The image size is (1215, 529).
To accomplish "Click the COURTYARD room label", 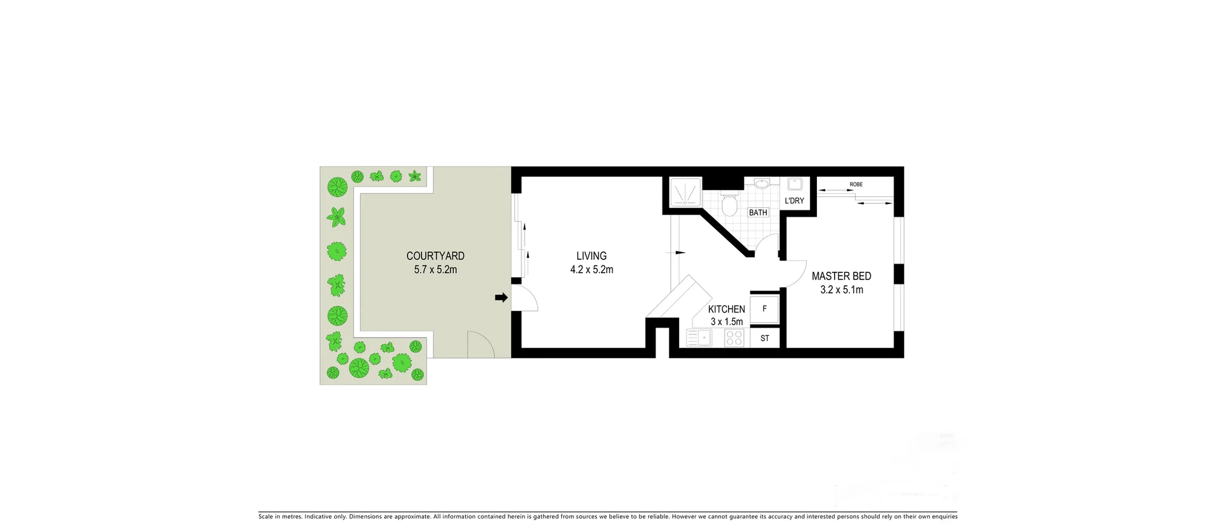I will pyautogui.click(x=435, y=256).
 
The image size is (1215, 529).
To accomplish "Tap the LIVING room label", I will pyautogui.click(x=591, y=256).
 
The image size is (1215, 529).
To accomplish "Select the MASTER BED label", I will pyautogui.click(x=841, y=276).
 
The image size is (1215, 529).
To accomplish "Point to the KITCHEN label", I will pyautogui.click(x=726, y=309).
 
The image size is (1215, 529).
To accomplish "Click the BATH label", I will pyautogui.click(x=757, y=213).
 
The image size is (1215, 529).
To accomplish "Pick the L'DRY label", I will pyautogui.click(x=794, y=201).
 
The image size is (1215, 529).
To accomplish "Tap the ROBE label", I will pyautogui.click(x=856, y=184).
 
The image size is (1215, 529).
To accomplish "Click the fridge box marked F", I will pyautogui.click(x=764, y=309).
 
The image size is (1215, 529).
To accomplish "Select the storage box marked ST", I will pyautogui.click(x=764, y=338).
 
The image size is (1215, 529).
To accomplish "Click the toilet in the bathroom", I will pyautogui.click(x=730, y=204).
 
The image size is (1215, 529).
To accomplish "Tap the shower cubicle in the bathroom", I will pyautogui.click(x=685, y=192).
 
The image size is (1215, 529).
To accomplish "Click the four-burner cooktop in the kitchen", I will pyautogui.click(x=734, y=338).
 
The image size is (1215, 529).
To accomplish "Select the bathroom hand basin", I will pyautogui.click(x=762, y=184).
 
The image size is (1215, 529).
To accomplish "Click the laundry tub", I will pyautogui.click(x=794, y=184).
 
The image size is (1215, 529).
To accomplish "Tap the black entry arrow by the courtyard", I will pyautogui.click(x=501, y=297).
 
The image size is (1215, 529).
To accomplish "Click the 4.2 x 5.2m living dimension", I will pyautogui.click(x=591, y=270).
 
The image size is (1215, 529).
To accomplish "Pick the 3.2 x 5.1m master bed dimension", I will pyautogui.click(x=841, y=290).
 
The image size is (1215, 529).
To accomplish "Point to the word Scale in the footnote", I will pyautogui.click(x=266, y=517).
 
